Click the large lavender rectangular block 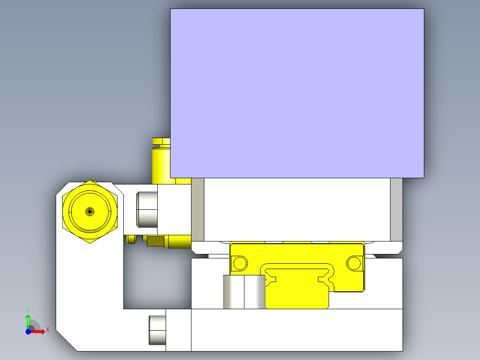pos(297,93)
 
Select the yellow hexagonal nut pos(89,212)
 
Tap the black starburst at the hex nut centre pos(89,211)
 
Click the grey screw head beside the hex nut pos(146,209)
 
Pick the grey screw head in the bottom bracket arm pos(157,330)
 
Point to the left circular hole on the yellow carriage pos(240,263)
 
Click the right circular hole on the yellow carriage pos(354,263)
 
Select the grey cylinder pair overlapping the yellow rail pos(244,292)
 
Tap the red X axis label pos(48,330)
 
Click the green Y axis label pos(28,310)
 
